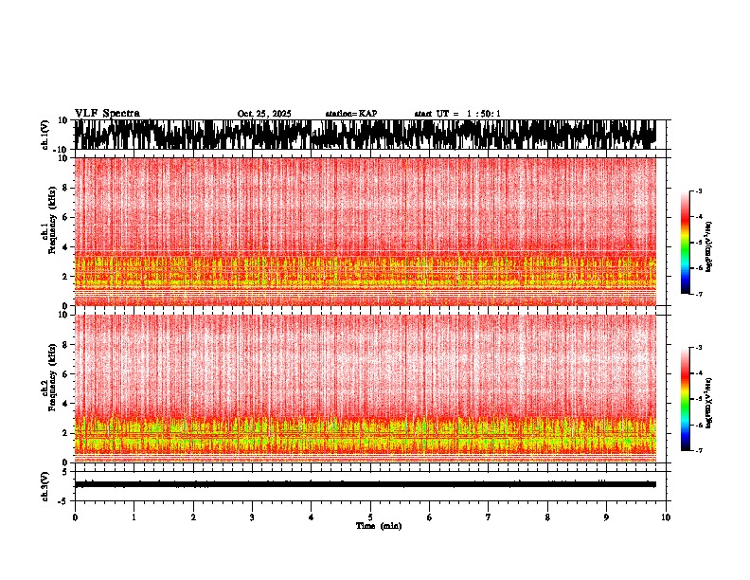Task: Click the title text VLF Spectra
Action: pos(107,113)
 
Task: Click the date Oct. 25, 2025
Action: pos(264,114)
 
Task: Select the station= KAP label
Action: pos(350,114)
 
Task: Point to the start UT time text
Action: pos(457,114)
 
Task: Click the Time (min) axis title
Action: pos(379,525)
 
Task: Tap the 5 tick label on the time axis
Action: pos(370,517)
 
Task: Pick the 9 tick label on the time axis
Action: pos(607,517)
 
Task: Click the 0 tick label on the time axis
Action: pos(75,517)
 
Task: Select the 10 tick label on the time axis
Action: pos(667,517)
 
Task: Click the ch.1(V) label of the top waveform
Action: pos(45,135)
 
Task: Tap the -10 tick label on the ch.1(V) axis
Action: pos(62,150)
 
